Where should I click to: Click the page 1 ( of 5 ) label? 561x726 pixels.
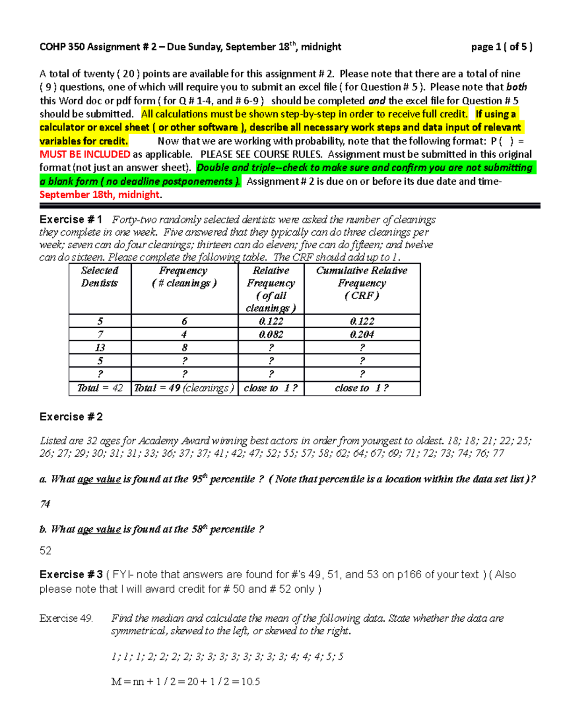[501, 47]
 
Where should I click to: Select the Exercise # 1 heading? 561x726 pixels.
[71, 220]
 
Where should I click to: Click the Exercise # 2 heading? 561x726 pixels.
[71, 417]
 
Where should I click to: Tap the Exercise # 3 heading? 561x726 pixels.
[71, 575]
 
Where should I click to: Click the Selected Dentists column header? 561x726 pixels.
[100, 277]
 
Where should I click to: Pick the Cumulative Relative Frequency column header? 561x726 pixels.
[361, 283]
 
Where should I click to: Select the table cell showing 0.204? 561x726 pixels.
[361, 334]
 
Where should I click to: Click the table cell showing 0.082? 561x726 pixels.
[271, 334]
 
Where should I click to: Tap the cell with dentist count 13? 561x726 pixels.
[100, 347]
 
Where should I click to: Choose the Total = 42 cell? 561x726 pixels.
[100, 388]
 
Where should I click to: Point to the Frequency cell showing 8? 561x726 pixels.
[184, 347]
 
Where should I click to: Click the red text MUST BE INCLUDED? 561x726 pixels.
[85, 154]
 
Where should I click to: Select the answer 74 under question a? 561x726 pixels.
[45, 504]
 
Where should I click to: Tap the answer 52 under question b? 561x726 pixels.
[45, 551]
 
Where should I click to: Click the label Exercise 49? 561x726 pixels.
[66, 618]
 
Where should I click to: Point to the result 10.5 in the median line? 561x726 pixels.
[251, 682]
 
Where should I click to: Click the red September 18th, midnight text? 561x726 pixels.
[100, 194]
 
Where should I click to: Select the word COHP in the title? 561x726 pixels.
[52, 47]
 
